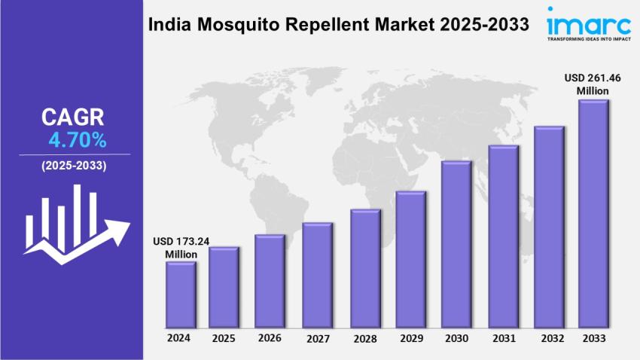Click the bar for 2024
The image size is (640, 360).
181,295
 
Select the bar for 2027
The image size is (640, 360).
317,276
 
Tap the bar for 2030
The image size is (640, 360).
456,245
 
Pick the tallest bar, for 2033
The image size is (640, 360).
593,215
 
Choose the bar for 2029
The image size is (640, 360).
411,260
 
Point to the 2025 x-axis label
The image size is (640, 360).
224,338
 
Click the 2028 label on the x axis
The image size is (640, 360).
364,338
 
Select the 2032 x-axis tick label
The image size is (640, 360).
549,338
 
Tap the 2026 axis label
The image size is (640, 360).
270,338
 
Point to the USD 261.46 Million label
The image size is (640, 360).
593,84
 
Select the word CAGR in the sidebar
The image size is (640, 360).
74,117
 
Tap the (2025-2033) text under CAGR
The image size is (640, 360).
74,165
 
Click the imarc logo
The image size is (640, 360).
588,20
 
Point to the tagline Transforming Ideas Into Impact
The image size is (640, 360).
589,38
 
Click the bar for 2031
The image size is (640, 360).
503,237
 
